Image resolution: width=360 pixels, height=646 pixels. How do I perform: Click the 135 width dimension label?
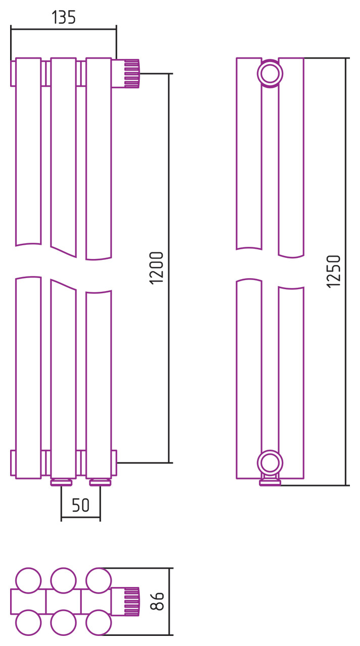(x=64, y=17)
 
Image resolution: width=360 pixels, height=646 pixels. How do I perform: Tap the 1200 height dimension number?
(x=157, y=268)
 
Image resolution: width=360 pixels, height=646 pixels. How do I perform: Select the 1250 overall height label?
(x=333, y=272)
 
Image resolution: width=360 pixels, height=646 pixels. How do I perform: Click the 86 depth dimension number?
(x=157, y=601)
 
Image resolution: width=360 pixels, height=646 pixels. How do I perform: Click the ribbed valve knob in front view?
(x=132, y=74)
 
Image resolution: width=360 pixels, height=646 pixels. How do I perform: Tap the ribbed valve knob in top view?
(x=132, y=601)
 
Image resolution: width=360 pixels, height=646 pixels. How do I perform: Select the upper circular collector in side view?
(x=270, y=74)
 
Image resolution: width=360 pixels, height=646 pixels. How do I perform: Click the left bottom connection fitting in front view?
(x=61, y=482)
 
